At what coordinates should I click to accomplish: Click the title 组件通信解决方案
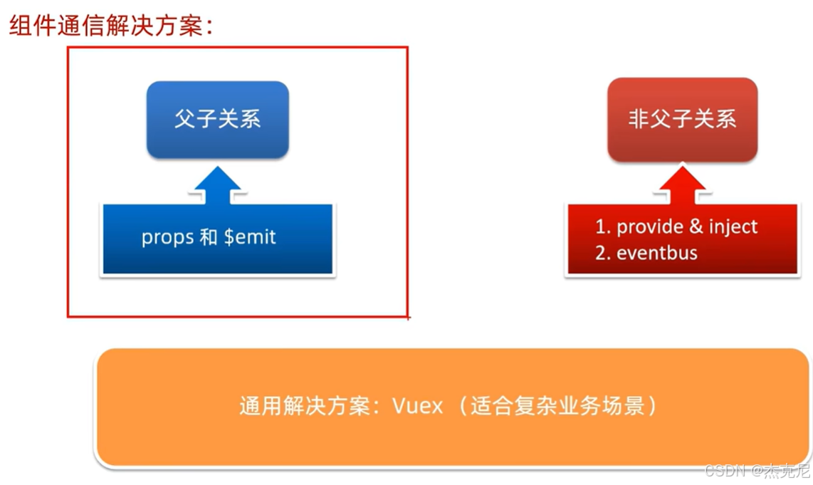click(x=111, y=27)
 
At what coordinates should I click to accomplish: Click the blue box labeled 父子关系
click(x=217, y=119)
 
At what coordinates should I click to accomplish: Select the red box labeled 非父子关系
click(x=682, y=119)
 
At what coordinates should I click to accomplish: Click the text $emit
click(x=250, y=237)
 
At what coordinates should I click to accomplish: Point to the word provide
click(x=649, y=227)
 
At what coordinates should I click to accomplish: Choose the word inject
click(x=733, y=227)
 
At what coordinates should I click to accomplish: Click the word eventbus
click(x=657, y=252)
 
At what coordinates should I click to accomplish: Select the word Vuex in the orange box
click(x=417, y=407)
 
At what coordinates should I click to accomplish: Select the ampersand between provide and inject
click(x=696, y=227)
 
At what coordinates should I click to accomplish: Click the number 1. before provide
click(x=603, y=227)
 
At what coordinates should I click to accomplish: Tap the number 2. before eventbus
click(x=603, y=252)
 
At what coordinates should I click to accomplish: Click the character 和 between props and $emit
click(x=209, y=237)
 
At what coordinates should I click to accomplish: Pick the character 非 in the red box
click(x=638, y=119)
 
